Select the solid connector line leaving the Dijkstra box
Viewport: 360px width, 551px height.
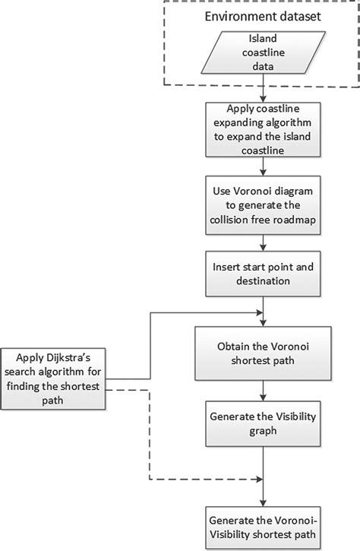[152, 342]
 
